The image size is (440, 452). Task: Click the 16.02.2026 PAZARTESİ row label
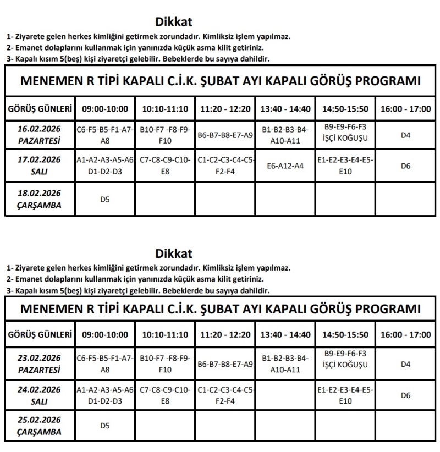pos(39,135)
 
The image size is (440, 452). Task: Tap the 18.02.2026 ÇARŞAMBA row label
pos(39,199)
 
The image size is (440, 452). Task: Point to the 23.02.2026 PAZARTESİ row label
pos(39,363)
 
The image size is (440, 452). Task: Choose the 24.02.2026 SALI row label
pos(39,395)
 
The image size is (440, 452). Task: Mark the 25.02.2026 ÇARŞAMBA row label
pos(39,426)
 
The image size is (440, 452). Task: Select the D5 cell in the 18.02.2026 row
pos(105,199)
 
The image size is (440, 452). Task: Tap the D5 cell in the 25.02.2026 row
pos(105,426)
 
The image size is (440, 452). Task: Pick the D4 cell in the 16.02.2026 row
pos(406,135)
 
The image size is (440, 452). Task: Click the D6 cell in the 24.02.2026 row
pos(406,395)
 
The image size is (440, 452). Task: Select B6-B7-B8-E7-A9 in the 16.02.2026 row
pos(225,135)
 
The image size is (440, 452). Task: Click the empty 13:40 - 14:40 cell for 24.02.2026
pos(285,395)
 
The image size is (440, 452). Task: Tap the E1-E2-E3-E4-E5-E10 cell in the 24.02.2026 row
pos(345,395)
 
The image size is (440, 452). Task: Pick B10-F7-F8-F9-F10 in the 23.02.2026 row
pos(164,363)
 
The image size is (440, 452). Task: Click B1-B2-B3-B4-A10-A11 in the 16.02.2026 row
pos(285,135)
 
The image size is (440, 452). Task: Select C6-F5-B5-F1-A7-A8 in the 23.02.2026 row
pos(105,363)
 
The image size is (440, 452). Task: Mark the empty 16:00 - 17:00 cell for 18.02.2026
pos(406,199)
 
